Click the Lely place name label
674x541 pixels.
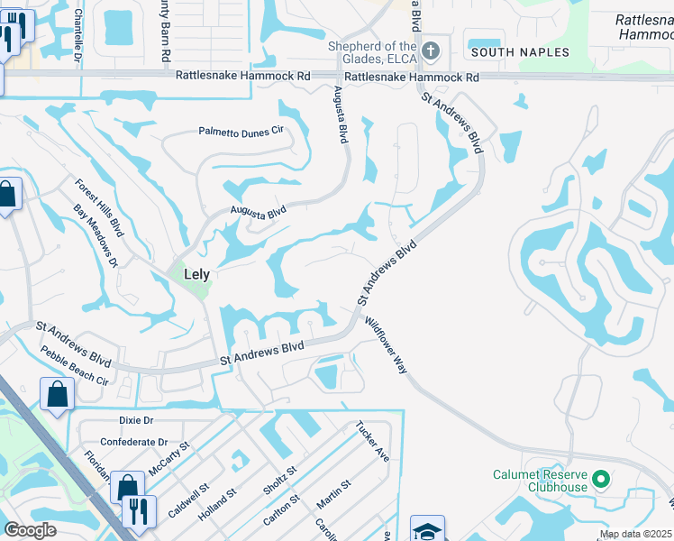(x=196, y=273)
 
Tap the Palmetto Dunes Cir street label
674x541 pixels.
(x=241, y=132)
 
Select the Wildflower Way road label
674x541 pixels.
(x=387, y=344)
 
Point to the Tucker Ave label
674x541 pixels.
(x=370, y=441)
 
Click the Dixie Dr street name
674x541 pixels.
(x=137, y=420)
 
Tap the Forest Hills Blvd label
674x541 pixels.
(x=100, y=207)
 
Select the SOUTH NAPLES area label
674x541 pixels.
(x=521, y=52)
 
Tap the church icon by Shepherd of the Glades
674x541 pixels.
(x=431, y=51)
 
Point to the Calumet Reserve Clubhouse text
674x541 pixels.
(x=541, y=481)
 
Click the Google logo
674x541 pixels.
(x=31, y=530)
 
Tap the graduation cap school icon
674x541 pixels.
(x=427, y=528)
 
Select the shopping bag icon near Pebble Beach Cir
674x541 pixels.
(x=57, y=394)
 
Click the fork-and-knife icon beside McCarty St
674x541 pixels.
(x=138, y=509)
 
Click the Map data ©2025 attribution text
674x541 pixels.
(x=635, y=535)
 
